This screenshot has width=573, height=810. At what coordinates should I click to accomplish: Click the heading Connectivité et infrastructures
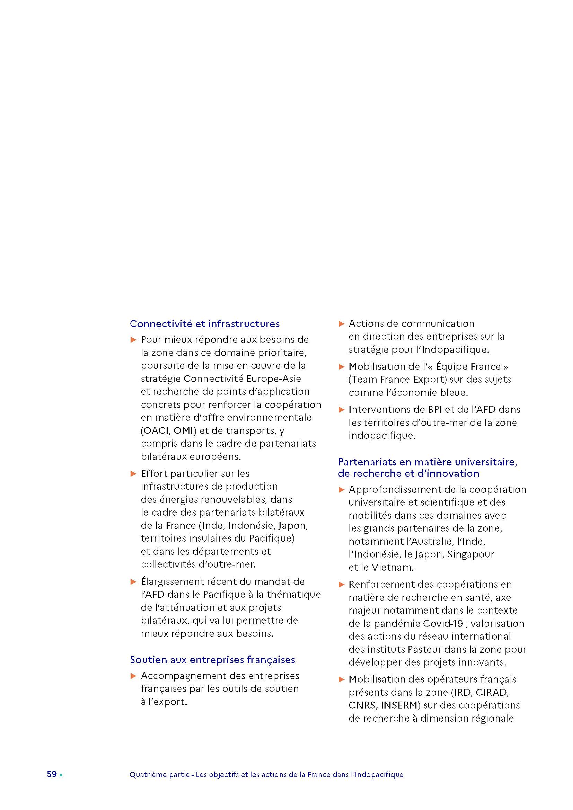click(x=205, y=323)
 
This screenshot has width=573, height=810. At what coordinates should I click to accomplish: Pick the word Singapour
click(x=471, y=554)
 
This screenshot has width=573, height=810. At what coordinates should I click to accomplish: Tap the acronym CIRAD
click(x=492, y=692)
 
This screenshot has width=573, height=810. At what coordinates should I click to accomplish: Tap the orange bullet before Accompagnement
click(x=133, y=676)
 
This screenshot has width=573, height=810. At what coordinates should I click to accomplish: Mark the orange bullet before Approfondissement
click(x=341, y=490)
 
